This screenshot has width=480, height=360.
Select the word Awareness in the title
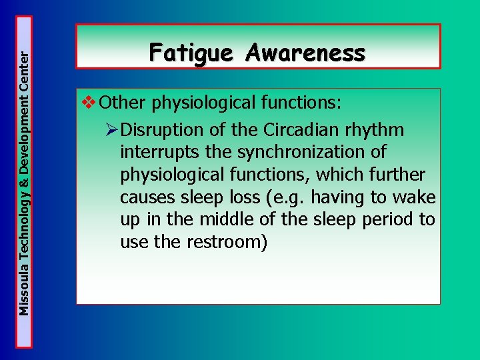click(x=305, y=52)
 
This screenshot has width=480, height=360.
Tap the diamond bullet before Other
click(x=88, y=103)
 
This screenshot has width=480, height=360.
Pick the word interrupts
click(x=159, y=151)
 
